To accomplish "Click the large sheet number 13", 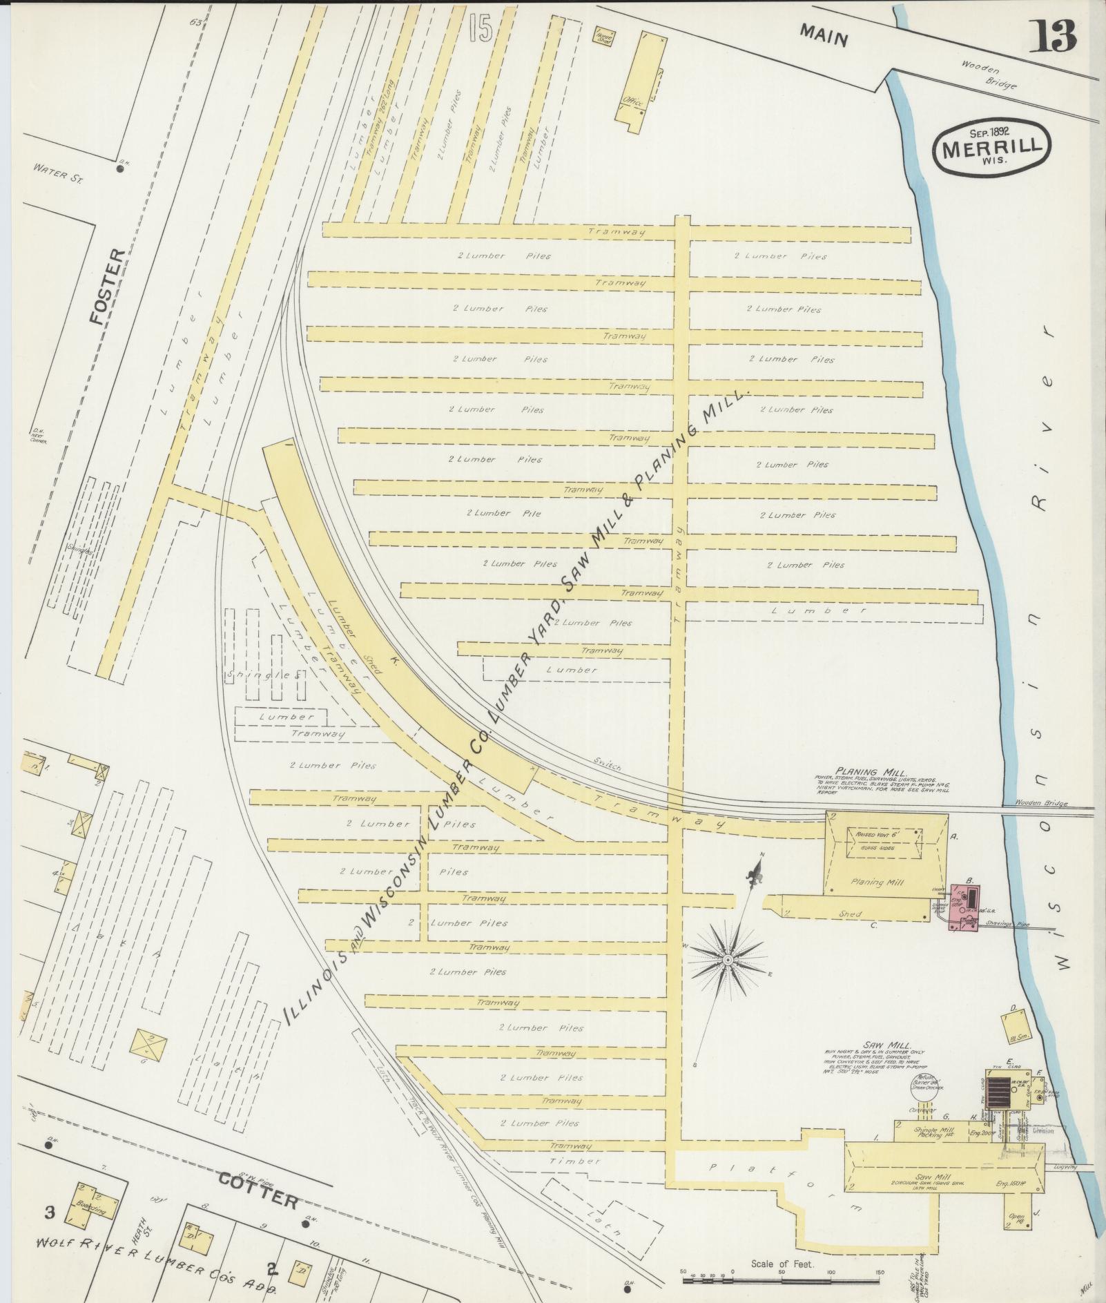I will click(1053, 35).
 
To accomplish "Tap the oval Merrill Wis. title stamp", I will click(992, 147).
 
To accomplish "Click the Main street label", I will click(825, 34).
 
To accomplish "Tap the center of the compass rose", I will click(729, 961).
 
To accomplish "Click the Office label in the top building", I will click(632, 102).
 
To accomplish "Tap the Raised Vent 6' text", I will click(875, 835).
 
